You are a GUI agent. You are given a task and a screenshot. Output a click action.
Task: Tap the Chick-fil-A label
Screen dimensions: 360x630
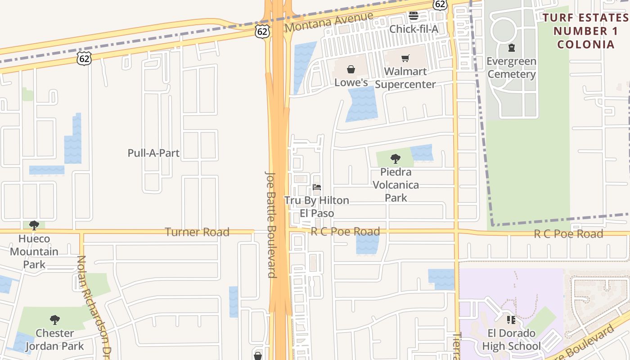[x=414, y=29]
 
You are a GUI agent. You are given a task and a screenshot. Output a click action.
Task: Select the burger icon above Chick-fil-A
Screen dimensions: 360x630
[x=414, y=16]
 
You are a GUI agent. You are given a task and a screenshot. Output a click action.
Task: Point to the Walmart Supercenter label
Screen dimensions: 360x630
[x=405, y=78]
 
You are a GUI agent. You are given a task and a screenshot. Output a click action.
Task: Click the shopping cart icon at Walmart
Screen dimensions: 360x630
[x=405, y=58]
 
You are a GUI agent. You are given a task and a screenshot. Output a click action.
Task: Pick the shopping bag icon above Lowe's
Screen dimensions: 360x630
[x=351, y=69]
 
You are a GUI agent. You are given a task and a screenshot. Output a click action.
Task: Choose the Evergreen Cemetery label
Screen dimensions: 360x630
[x=512, y=67]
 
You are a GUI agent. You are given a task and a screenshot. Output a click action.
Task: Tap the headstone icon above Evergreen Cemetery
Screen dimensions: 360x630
[x=511, y=47]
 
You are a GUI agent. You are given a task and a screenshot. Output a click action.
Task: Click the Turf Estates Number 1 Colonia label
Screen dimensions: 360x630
[x=585, y=31]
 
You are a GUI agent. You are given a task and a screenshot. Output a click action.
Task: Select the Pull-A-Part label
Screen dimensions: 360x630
[x=153, y=153]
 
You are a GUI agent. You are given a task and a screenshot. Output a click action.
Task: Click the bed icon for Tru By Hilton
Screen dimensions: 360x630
[x=317, y=187]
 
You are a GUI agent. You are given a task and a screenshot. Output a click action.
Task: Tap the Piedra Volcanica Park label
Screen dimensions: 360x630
[x=396, y=184]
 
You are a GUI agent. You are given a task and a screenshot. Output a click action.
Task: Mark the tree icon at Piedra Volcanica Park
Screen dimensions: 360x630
[x=396, y=158]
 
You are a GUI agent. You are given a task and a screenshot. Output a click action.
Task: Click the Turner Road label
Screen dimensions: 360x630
[x=197, y=232]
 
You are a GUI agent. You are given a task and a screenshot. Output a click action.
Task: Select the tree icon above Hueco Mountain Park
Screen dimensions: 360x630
[x=34, y=225]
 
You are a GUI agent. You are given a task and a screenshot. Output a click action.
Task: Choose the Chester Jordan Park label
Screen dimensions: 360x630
[x=54, y=340]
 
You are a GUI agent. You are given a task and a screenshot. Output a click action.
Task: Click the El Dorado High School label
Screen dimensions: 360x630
[x=511, y=340]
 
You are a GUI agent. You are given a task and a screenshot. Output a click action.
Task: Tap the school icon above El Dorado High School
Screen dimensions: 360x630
[x=511, y=320]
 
